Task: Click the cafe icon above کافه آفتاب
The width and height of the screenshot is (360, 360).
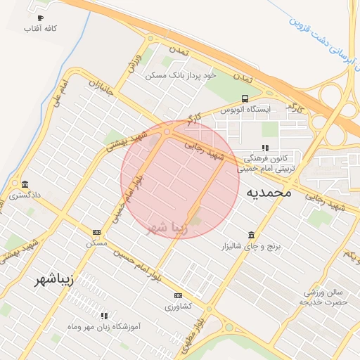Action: click(40, 18)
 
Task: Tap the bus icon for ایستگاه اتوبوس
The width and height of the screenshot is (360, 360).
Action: click(245, 98)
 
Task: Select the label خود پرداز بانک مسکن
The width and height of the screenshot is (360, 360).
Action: click(181, 75)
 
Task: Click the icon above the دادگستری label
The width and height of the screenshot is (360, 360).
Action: click(25, 184)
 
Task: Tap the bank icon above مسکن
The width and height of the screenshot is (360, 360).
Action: click(96, 232)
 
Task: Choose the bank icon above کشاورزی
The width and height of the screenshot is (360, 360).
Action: click(178, 295)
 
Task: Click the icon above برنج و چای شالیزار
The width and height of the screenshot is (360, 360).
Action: click(252, 235)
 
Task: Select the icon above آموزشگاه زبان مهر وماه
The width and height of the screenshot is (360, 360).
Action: click(104, 316)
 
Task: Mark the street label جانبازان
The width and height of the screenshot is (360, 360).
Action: click(100, 91)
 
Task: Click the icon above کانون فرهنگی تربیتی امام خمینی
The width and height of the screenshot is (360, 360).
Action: click(265, 148)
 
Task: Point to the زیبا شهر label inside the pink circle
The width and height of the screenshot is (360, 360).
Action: click(167, 228)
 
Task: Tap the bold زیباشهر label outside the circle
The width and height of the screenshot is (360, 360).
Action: click(53, 281)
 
